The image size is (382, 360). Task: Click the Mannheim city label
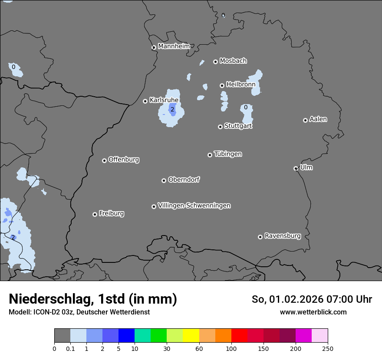coord(174,46)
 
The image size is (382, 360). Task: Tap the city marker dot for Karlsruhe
coord(145,101)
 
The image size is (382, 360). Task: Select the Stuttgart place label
coord(238,126)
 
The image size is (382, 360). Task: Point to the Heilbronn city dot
coord(222,85)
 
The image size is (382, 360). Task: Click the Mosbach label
coord(233,61)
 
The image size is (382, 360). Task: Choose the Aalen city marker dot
coord(305,120)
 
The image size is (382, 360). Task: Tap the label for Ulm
coord(306,167)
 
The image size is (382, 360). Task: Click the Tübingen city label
coord(228,154)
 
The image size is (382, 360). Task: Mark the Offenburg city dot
coord(104,160)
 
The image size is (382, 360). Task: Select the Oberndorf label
coord(184,180)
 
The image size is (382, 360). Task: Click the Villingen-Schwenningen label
coord(194,206)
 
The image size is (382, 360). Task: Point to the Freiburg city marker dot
coord(95,214)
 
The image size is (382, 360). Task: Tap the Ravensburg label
coord(283,236)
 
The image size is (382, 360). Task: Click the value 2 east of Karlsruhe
coord(172,110)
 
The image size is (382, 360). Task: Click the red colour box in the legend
coord(239,336)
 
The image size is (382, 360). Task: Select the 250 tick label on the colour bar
coord(328,348)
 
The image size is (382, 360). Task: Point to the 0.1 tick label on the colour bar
coord(70,348)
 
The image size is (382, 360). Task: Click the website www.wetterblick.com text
coord(313,312)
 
